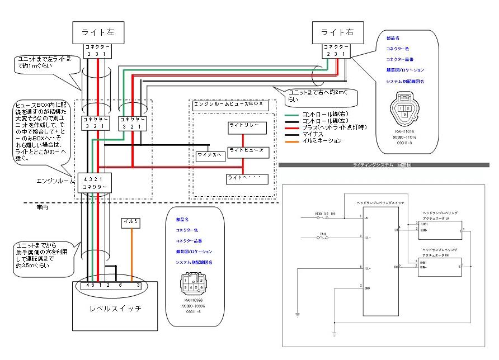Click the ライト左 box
(x=98, y=32)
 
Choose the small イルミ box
(x=130, y=222)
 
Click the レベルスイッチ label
(x=115, y=308)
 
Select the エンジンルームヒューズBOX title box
(x=231, y=105)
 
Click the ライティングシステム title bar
(x=386, y=165)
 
